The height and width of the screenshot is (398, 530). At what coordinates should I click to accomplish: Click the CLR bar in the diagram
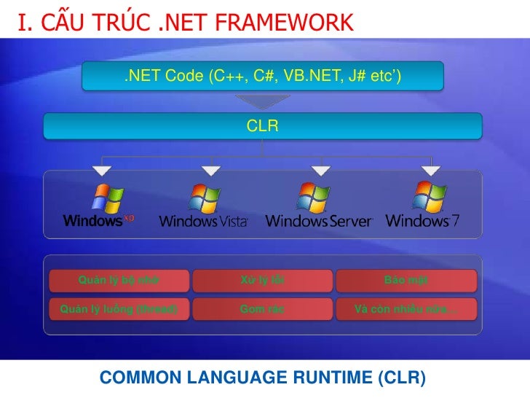[x=262, y=126]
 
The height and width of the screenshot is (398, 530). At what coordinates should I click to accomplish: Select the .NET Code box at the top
[x=262, y=76]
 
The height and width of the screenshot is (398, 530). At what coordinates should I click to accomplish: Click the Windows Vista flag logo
[x=205, y=198]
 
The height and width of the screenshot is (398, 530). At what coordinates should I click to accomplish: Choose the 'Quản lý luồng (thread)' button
[x=119, y=308]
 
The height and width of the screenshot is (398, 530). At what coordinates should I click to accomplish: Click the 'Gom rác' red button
[x=262, y=308]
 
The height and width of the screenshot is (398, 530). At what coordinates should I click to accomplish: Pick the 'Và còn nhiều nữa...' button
[x=406, y=308]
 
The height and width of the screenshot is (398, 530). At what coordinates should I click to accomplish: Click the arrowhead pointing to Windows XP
[x=102, y=171]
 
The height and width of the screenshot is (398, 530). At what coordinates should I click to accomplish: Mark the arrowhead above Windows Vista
[x=210, y=171]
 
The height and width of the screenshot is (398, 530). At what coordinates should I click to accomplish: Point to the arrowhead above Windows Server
[x=320, y=171]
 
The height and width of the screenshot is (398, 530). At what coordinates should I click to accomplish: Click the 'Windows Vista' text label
[x=203, y=221]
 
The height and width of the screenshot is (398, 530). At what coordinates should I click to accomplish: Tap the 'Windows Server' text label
[x=319, y=221]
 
